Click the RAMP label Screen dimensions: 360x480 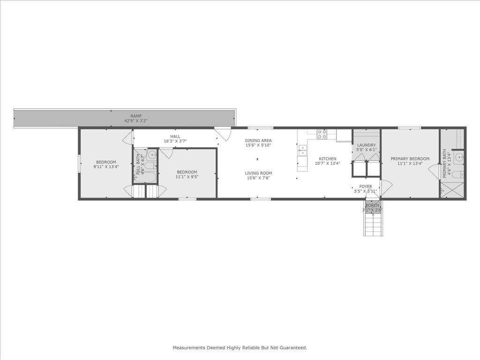[136, 116]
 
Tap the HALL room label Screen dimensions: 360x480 [175, 136]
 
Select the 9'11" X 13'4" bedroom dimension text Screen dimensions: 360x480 [106, 166]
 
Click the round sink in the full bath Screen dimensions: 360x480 [153, 156]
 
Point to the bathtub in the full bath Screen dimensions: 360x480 [146, 177]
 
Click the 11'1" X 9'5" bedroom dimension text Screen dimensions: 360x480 [187, 177]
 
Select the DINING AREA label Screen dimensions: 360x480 [258, 141]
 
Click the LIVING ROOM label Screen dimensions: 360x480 [258, 173]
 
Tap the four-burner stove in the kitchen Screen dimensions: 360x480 [322, 134]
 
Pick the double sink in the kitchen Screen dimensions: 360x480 [302, 150]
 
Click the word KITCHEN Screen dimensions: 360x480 [328, 159]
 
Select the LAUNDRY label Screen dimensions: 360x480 [367, 145]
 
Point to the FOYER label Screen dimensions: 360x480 [366, 187]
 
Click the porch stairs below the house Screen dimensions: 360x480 [373, 224]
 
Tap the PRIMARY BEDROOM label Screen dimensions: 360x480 [410, 159]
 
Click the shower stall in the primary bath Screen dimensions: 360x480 [452, 191]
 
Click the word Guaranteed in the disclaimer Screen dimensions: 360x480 [292, 348]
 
